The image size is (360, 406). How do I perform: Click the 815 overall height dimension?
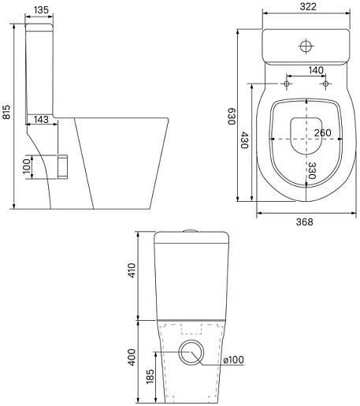click(6, 112)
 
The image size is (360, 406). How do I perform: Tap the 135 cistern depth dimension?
click(41, 9)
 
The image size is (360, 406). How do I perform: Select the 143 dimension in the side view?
click(41, 119)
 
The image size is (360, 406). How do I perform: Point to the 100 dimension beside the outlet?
click(27, 166)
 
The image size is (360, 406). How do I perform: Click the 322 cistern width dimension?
click(308, 6)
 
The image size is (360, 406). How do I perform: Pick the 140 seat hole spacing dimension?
click(316, 70)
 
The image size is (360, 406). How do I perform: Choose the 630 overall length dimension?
click(232, 116)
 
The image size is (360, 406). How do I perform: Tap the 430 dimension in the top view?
click(245, 140)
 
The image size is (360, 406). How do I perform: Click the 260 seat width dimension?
click(323, 132)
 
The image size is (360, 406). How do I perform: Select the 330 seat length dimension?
click(312, 170)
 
